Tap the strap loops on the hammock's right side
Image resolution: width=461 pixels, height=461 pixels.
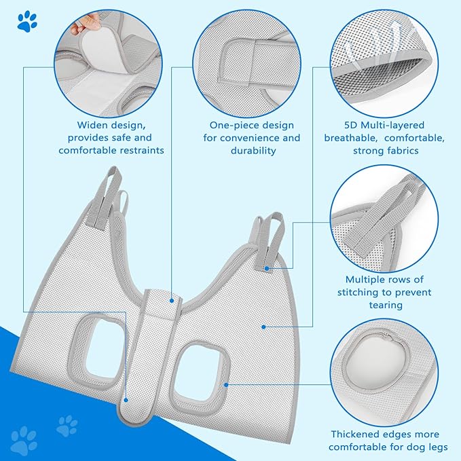click(271, 238)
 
